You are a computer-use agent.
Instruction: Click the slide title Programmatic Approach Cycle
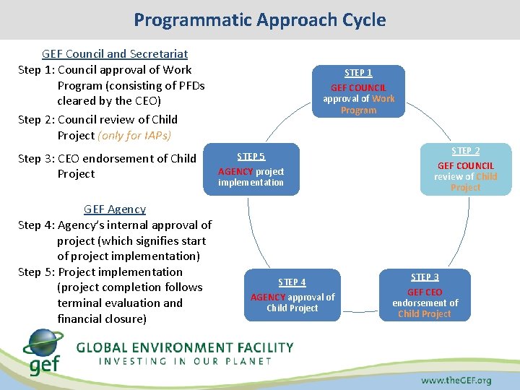(259, 19)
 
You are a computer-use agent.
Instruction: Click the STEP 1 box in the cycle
(358, 91)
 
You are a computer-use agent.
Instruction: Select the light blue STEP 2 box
(465, 168)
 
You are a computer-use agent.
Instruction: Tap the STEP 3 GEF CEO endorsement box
(425, 295)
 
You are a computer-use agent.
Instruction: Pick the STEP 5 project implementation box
(251, 169)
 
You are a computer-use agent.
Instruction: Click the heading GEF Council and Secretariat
(115, 53)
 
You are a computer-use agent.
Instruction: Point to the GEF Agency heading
(115, 209)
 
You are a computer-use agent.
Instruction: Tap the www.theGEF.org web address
(456, 380)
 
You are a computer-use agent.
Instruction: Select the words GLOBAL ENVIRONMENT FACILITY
(185, 347)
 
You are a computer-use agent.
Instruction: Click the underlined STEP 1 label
(358, 73)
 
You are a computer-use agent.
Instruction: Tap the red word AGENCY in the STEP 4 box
(268, 297)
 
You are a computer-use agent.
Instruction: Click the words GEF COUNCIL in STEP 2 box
(466, 166)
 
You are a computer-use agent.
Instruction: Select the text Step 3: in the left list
(36, 158)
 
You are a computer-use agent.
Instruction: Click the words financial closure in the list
(101, 318)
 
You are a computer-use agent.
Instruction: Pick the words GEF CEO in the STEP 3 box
(425, 292)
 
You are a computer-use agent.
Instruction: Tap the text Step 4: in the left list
(36, 225)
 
